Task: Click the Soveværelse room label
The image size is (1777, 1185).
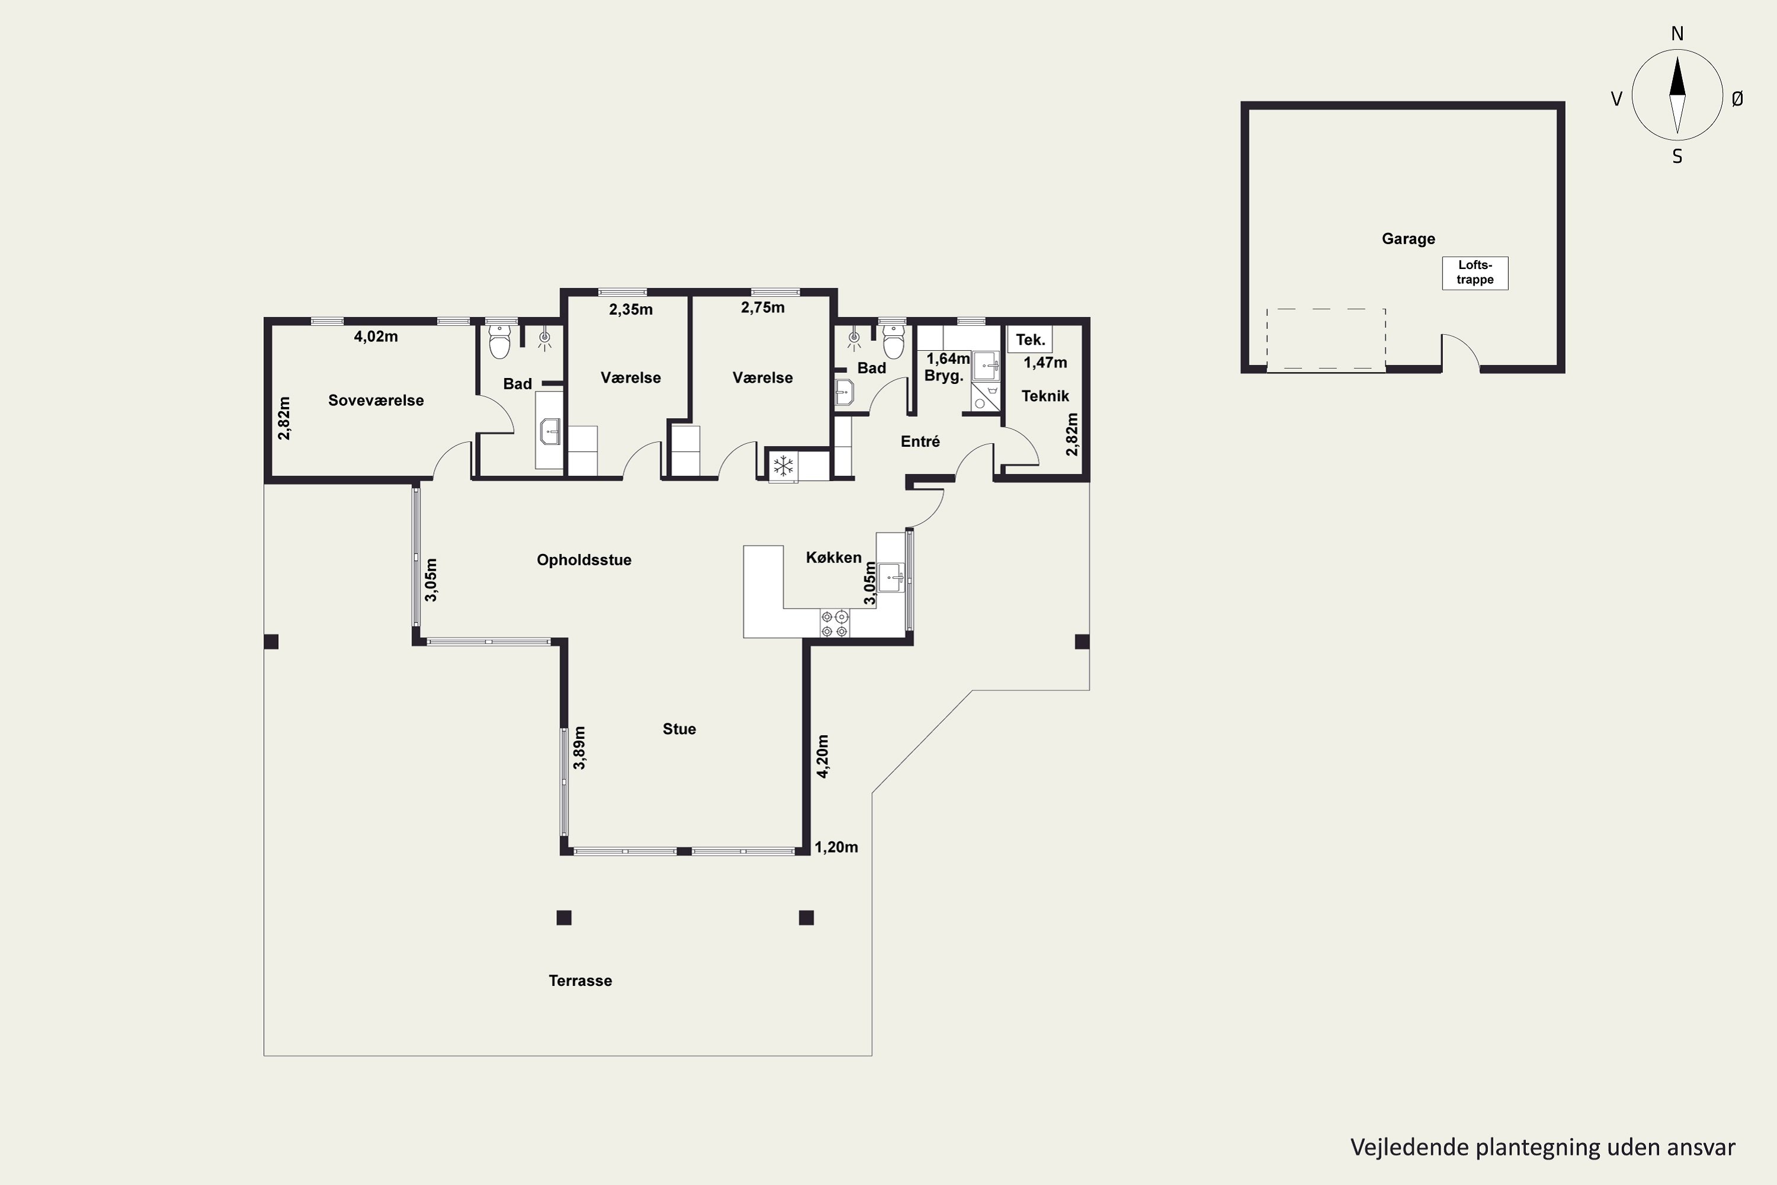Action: point(376,401)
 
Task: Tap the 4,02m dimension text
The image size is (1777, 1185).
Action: point(376,337)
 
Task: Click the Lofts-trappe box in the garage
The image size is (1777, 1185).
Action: point(1475,273)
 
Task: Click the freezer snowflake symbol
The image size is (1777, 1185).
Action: point(784,466)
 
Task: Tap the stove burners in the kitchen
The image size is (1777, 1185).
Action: point(834,623)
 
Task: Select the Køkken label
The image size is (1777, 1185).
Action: point(833,558)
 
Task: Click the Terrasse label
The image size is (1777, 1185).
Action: point(580,981)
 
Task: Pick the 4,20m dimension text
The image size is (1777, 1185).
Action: point(823,756)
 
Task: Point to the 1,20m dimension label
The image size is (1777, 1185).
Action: point(836,847)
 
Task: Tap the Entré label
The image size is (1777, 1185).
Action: point(920,441)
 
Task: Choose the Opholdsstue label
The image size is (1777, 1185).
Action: point(584,560)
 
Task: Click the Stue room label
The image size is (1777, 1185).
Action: point(679,729)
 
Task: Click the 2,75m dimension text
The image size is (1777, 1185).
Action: point(762,308)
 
